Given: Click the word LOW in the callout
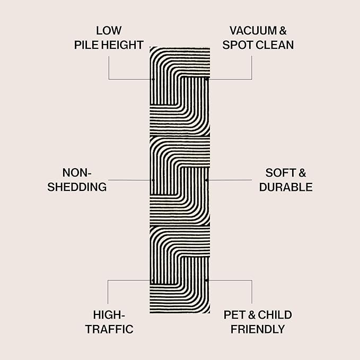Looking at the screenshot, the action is (109, 31).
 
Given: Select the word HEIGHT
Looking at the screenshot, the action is (122, 45).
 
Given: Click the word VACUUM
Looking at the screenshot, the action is (253, 31).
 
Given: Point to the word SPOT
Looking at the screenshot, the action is (238, 45).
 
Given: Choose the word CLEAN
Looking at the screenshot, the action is (275, 45).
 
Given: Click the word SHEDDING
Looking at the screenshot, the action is (77, 187).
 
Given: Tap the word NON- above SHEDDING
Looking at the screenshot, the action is (77, 173).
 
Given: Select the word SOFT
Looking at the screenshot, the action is (280, 173).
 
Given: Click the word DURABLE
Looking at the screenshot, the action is (286, 187).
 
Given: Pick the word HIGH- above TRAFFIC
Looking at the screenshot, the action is (109, 315).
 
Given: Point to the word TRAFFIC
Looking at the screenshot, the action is (109, 329).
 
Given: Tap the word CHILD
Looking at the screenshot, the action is (275, 315).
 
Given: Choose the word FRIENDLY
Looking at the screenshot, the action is (258, 329).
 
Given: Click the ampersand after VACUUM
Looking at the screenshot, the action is (283, 31).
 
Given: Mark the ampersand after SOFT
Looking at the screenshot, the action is (302, 173).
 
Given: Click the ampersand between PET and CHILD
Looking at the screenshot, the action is (252, 315).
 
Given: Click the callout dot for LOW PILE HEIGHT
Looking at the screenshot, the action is (153, 79).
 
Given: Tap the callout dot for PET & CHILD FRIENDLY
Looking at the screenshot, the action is (206, 280).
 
